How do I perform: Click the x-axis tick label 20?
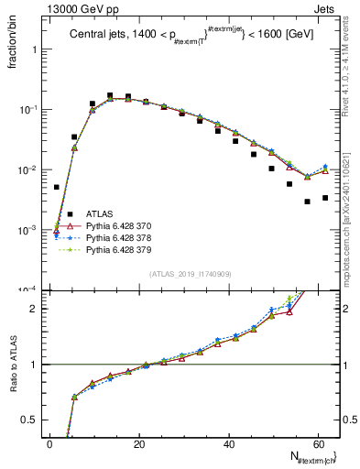click(x=139, y=444)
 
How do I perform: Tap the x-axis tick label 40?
click(x=229, y=444)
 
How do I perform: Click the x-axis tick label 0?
click(x=50, y=444)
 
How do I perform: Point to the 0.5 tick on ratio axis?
click(x=34, y=420)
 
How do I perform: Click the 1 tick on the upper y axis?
click(x=38, y=49)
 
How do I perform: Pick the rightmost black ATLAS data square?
click(x=325, y=198)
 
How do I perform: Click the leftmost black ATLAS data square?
click(x=57, y=187)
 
